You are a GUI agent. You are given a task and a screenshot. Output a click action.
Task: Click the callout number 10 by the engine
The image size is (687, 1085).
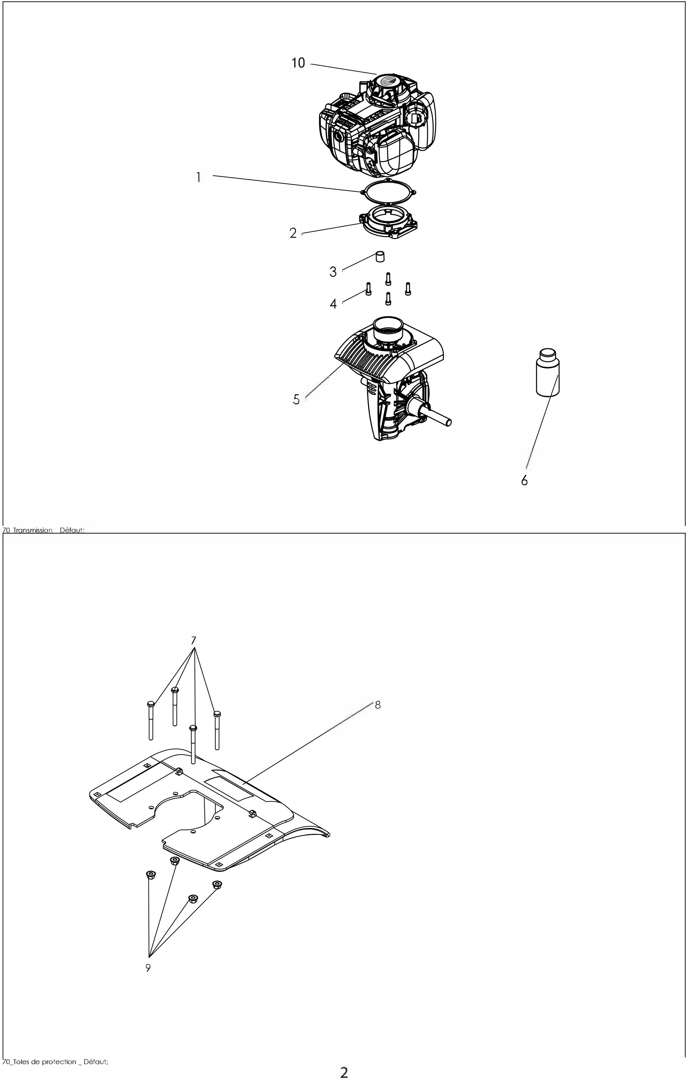[x=298, y=63]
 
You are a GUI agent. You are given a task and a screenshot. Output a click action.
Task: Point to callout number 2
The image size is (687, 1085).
[x=293, y=234]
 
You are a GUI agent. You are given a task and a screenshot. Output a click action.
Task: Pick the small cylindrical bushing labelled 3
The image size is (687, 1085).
[x=380, y=257]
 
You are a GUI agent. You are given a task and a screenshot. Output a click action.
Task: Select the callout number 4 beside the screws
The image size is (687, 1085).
[x=333, y=304]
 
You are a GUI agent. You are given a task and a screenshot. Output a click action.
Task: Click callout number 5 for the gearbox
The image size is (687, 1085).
[x=296, y=399]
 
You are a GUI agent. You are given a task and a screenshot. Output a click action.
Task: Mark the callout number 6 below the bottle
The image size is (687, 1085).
[x=524, y=480]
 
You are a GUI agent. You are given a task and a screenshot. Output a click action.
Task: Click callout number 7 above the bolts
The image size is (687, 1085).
[x=194, y=640]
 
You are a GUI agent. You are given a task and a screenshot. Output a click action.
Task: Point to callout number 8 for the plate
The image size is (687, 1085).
[x=378, y=705]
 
